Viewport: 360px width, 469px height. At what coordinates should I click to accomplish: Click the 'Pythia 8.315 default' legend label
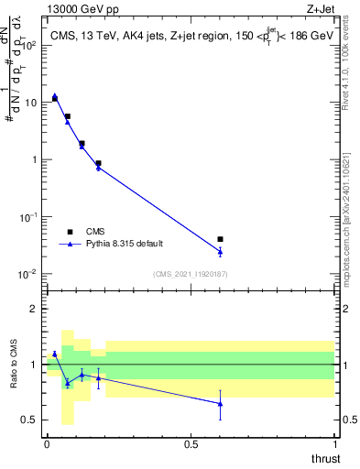(x=125, y=245)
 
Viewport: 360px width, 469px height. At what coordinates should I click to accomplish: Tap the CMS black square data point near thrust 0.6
(x=220, y=239)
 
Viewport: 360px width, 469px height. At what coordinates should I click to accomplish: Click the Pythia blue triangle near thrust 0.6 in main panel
(x=220, y=252)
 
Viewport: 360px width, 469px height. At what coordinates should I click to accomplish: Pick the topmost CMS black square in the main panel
(x=55, y=98)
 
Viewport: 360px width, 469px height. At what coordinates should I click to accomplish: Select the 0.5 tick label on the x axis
(x=191, y=442)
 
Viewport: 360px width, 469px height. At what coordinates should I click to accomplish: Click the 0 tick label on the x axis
(x=47, y=442)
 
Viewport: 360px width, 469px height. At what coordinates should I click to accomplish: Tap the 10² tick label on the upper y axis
(x=27, y=45)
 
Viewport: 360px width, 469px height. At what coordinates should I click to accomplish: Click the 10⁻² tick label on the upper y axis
(x=27, y=274)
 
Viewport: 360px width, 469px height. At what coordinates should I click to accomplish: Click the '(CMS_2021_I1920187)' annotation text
(x=190, y=274)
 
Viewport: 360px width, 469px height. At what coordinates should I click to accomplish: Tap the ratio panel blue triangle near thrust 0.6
(x=220, y=403)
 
